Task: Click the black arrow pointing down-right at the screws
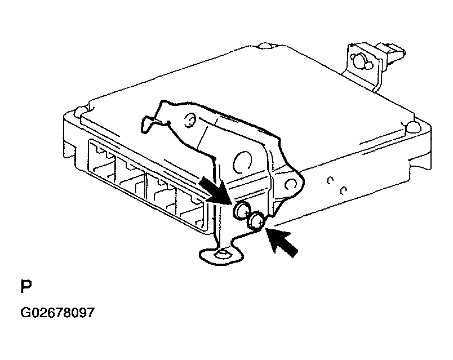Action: click(214, 190)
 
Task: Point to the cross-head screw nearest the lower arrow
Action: click(257, 221)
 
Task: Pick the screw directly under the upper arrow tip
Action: click(242, 210)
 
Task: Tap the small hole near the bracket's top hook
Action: click(190, 120)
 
